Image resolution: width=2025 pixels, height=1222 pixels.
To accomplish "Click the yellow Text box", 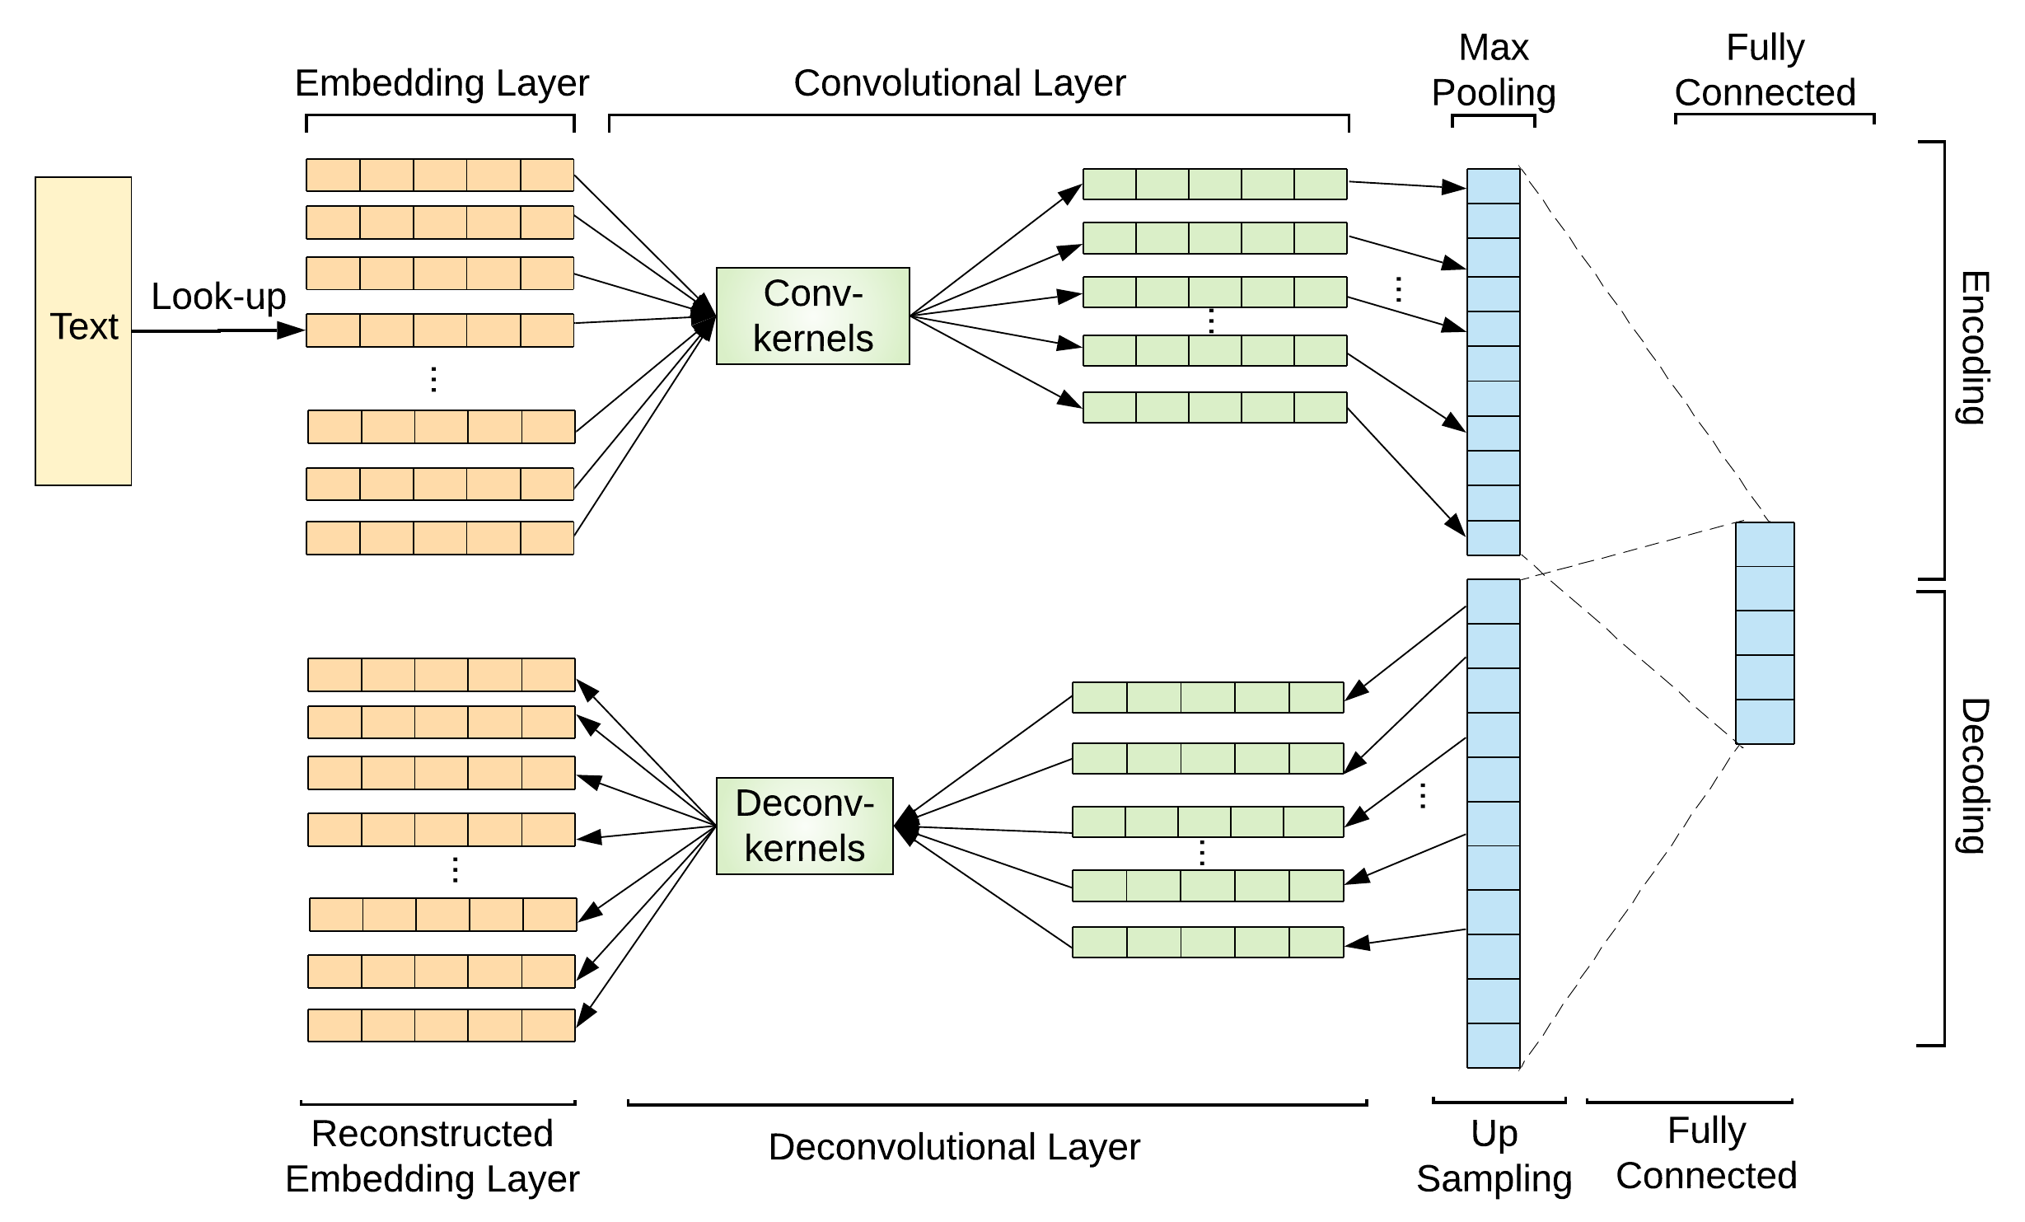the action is pos(83,330).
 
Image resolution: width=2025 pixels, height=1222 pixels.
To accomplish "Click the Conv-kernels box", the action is pos(812,316).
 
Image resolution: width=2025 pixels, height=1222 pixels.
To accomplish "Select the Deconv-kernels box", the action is pos(804,826).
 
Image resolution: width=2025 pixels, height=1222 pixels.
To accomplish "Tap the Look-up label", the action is pos(218,297).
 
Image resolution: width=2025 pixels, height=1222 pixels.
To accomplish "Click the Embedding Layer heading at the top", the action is pos(442,83).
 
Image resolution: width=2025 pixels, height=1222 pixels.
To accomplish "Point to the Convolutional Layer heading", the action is pos(959,83).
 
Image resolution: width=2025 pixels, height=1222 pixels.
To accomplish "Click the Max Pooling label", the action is pos(1493,70).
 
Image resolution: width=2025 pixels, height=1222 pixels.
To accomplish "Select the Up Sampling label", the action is pos(1494,1156).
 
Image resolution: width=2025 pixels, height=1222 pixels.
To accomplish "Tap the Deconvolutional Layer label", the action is pos(954,1147).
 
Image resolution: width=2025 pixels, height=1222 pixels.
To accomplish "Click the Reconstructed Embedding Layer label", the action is pos(432,1156).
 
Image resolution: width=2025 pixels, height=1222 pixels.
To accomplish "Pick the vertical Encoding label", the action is pos(1973,347).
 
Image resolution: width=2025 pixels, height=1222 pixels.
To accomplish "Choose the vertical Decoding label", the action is pos(1973,775).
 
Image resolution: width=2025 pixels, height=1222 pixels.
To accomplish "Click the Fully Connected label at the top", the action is pos(1765,70).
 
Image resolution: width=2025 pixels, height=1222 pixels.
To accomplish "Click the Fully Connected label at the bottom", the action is pos(1706,1153).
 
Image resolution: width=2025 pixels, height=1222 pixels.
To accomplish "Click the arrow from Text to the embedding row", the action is pos(218,330).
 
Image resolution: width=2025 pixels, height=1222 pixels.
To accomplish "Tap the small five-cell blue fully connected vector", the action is pos(1765,633).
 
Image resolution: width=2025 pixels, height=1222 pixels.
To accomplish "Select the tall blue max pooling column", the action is pos(1493,362).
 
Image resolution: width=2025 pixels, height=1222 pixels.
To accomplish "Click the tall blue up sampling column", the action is pos(1493,823).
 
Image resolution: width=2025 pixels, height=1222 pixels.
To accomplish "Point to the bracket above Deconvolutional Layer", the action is pos(997,1103).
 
